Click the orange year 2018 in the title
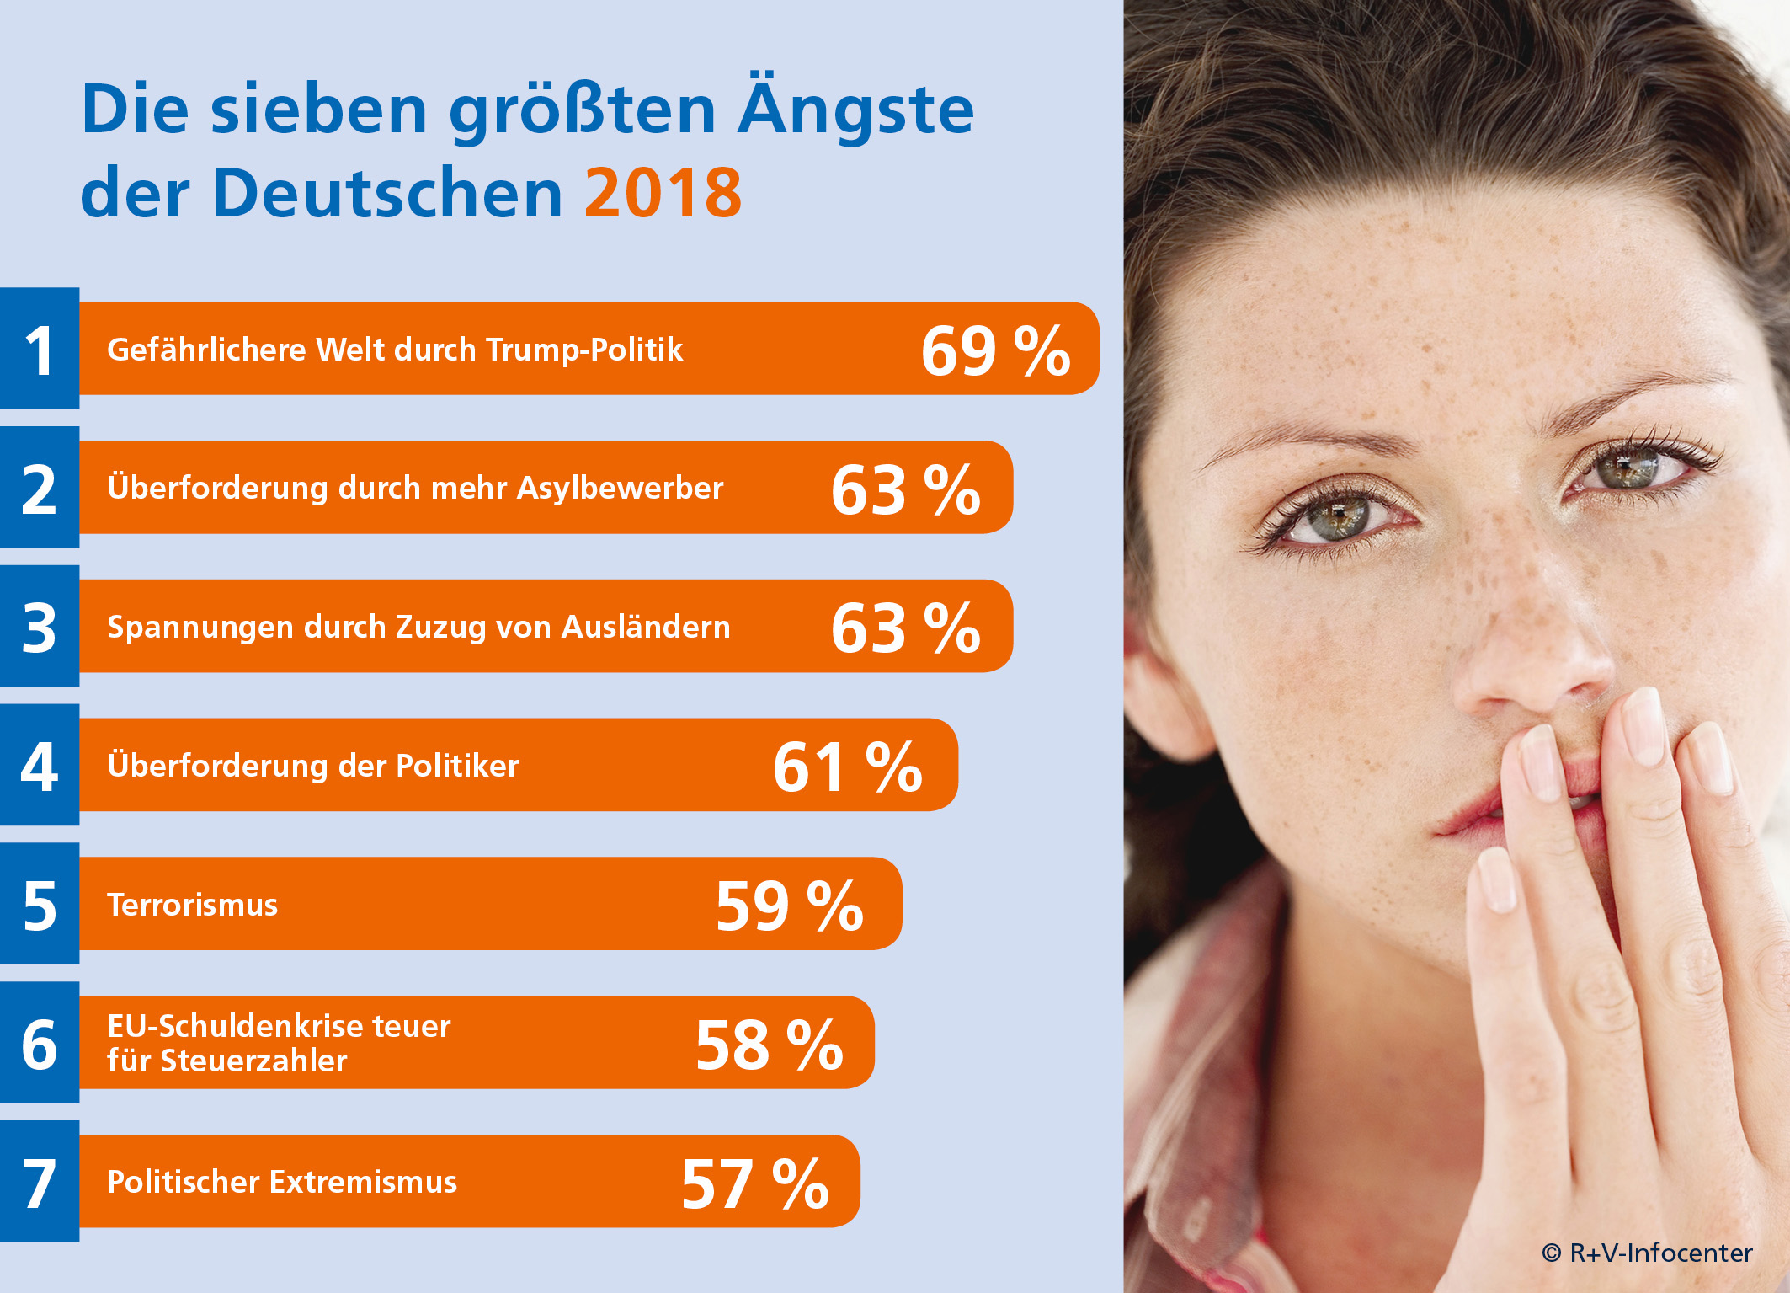point(663,193)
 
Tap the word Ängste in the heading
point(855,110)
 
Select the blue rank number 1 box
point(40,349)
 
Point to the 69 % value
point(995,350)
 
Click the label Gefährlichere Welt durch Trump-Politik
point(395,350)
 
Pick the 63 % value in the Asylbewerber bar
point(905,489)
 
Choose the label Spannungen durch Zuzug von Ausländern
point(418,627)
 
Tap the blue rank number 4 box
point(40,765)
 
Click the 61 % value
point(847,767)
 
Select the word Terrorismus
point(192,905)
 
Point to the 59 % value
point(789,906)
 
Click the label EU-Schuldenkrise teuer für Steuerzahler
point(279,1043)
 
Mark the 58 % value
point(769,1045)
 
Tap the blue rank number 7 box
point(40,1181)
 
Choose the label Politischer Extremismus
point(282,1182)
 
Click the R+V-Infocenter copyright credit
point(1647,1253)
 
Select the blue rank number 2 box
point(40,488)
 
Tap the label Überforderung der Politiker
point(313,766)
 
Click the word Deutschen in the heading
point(387,193)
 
